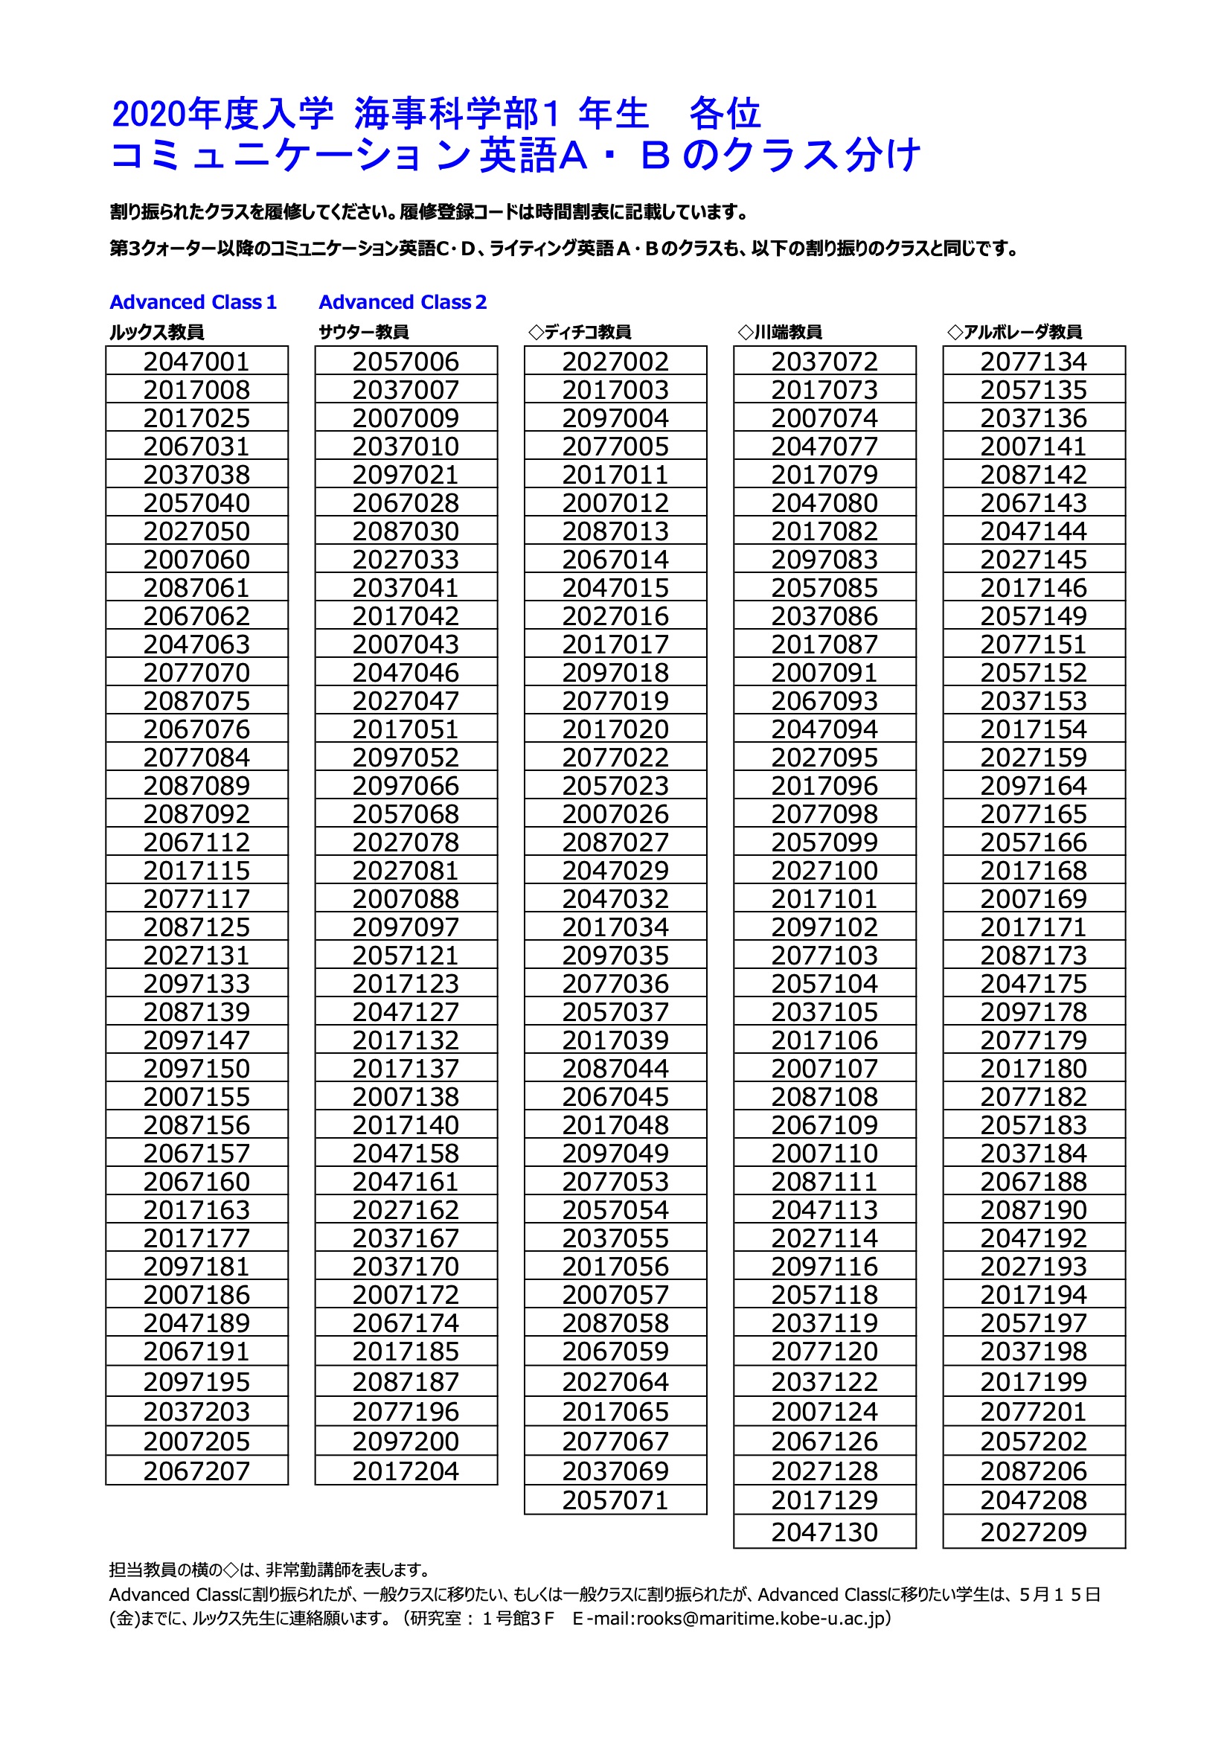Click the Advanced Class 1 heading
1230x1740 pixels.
pyautogui.click(x=193, y=302)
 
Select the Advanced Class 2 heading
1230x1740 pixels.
pyautogui.click(x=403, y=302)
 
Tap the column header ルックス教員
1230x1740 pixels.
pyautogui.click(x=157, y=332)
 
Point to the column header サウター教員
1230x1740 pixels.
pyautogui.click(x=364, y=332)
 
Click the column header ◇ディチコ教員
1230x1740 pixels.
pyautogui.click(x=580, y=332)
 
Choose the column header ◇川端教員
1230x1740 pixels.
pyautogui.click(x=780, y=332)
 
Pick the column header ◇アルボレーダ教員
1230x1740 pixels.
pyautogui.click(x=1015, y=332)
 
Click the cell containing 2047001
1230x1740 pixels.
pyautogui.click(x=196, y=362)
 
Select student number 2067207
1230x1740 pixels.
pyautogui.click(x=196, y=1471)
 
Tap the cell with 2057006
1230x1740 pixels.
pyautogui.click(x=406, y=362)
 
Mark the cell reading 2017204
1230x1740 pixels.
pyautogui.click(x=406, y=1471)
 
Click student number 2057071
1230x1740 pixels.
pyautogui.click(x=615, y=1500)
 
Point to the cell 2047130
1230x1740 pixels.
pyautogui.click(x=824, y=1532)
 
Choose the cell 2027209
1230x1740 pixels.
pyautogui.click(x=1034, y=1532)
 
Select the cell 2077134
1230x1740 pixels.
pyautogui.click(x=1034, y=362)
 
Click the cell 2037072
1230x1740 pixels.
pyautogui.click(x=824, y=362)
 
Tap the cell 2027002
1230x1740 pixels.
pyautogui.click(x=615, y=362)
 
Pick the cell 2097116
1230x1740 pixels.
pyautogui.click(x=824, y=1267)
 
